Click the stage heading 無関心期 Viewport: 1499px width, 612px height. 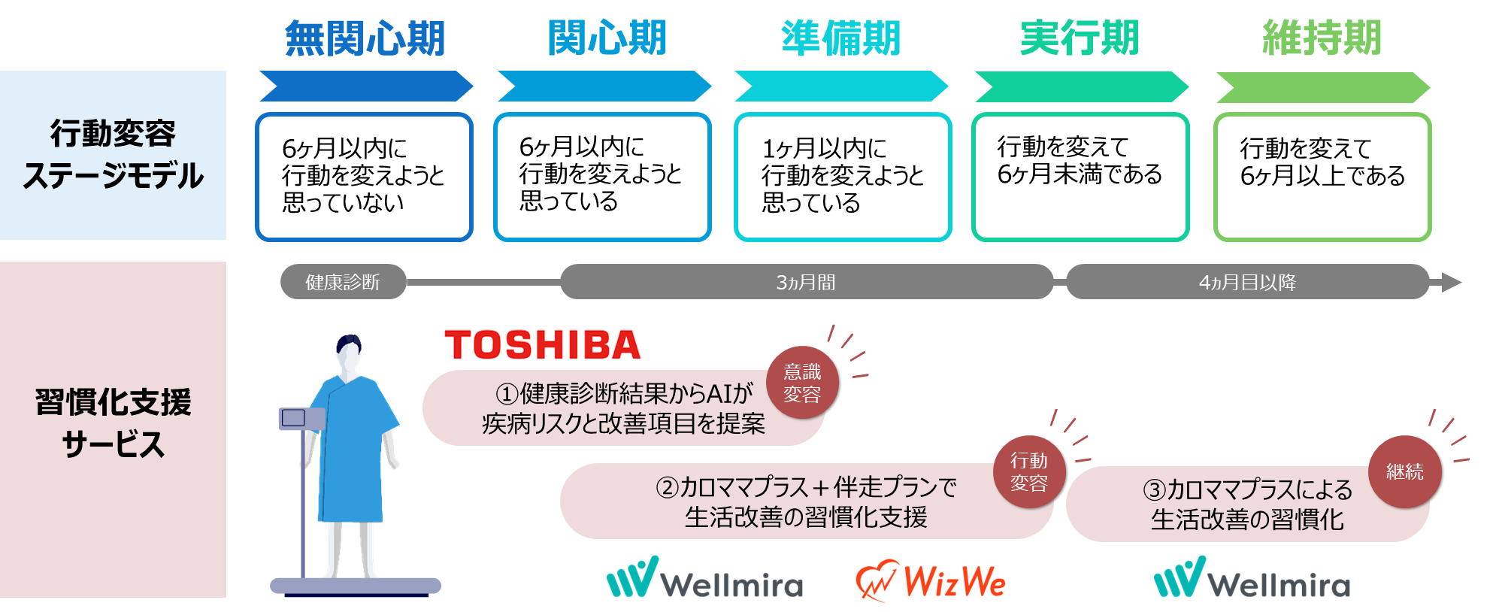point(365,38)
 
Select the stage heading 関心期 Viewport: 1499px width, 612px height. point(607,38)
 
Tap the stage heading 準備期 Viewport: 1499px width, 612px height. point(841,38)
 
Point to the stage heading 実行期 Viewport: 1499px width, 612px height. point(1080,38)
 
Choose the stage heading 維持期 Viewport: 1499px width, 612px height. point(1322,38)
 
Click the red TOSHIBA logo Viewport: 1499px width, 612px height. point(542,345)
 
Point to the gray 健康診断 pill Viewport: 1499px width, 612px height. point(343,282)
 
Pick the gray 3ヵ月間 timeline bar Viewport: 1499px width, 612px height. point(806,282)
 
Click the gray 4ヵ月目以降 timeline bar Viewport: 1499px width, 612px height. point(1247,282)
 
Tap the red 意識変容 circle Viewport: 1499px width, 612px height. point(802,383)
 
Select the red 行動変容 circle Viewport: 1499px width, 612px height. point(1028,471)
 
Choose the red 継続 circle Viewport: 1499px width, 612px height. point(1404,471)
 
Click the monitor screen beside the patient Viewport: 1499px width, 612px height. point(293,418)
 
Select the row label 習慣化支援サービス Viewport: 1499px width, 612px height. point(113,423)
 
